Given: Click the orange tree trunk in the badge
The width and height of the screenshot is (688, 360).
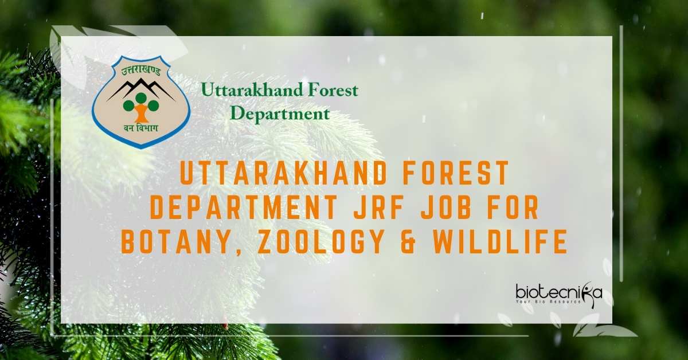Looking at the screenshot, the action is click(141, 113).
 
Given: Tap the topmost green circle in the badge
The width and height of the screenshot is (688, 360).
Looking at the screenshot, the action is click(141, 98).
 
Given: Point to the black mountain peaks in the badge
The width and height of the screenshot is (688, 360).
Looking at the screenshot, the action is click(141, 89).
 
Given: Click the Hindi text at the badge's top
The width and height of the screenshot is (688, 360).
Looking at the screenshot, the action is click(141, 73).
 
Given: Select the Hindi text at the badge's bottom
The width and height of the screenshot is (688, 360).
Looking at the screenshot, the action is click(141, 127).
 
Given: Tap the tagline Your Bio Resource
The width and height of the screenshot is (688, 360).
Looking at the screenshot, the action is click(548, 302).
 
